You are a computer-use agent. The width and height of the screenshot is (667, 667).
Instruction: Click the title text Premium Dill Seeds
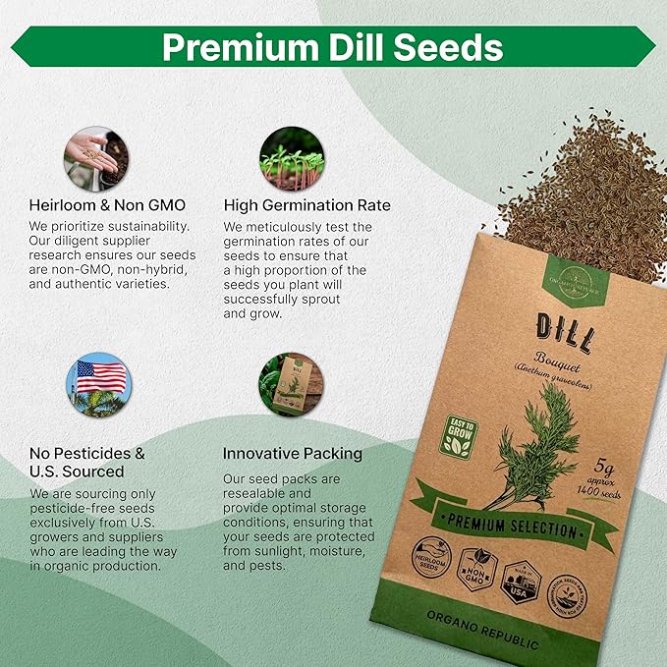coord(333,46)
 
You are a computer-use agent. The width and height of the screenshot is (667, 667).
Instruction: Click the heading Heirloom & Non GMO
coord(107,205)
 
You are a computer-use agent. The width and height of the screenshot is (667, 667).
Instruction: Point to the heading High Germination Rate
coord(306,205)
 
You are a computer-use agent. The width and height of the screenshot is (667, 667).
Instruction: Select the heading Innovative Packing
coord(293,454)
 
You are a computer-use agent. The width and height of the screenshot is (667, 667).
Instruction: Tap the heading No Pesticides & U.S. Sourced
coord(88,463)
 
